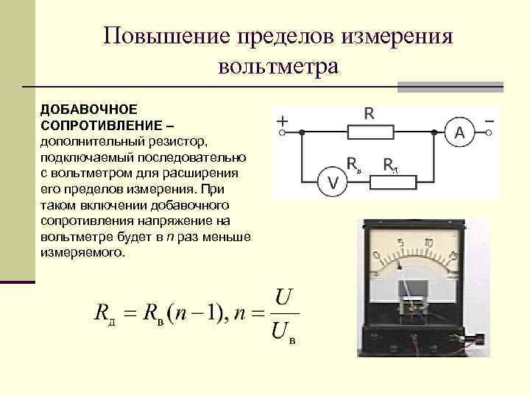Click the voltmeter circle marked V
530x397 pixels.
333,183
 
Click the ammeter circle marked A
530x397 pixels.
460,133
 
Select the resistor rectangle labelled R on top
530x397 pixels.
369,133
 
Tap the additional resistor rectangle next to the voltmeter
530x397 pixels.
391,182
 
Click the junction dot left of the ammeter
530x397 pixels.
434,133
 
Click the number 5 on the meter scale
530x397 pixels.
400,243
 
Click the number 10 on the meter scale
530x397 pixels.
428,243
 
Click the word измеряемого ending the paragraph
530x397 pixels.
79,252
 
